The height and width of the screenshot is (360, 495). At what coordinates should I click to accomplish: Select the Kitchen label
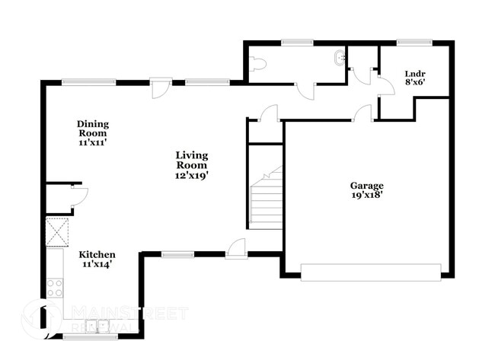(x=98, y=254)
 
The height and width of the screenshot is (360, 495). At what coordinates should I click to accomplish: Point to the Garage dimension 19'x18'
(x=366, y=195)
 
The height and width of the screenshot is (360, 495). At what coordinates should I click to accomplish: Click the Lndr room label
(x=416, y=74)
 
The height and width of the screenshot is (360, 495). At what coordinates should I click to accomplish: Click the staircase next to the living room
(x=266, y=200)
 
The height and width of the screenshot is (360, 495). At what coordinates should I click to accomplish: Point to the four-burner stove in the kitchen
(x=55, y=288)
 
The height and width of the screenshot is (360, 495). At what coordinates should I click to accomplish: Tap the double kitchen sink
(x=97, y=327)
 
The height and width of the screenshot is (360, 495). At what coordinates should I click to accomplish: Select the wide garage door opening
(x=370, y=272)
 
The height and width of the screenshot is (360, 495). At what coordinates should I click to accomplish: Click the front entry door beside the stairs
(x=237, y=247)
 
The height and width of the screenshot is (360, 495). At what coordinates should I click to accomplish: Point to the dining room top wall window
(x=78, y=82)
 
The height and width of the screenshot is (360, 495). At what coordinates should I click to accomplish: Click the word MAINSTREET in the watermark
(x=129, y=312)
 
